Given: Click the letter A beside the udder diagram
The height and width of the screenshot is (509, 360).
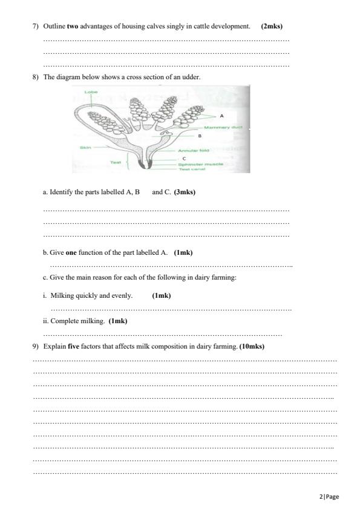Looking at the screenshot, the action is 221,114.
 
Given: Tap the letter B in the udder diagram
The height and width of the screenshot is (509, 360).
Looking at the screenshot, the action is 199,136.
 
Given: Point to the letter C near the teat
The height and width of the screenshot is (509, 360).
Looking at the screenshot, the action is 183,157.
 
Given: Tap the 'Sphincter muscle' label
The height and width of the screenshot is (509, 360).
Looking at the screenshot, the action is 201,163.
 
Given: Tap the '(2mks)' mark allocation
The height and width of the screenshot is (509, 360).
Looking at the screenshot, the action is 272,27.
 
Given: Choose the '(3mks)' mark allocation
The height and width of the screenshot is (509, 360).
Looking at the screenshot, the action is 185,192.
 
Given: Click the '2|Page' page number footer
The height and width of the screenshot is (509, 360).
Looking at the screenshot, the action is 329,497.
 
